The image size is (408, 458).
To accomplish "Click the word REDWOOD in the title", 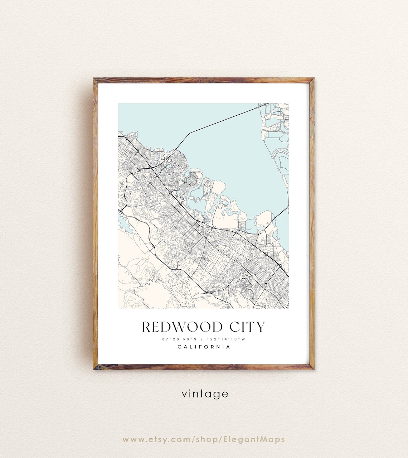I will tap(177, 327).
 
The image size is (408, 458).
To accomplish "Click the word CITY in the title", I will tap(247, 327).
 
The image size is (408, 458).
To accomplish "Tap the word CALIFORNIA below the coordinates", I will tap(204, 347).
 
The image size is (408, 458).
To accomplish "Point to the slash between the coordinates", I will tap(203, 339).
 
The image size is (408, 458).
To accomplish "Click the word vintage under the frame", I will tap(205, 394).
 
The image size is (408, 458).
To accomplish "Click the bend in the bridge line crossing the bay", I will tap(190, 133).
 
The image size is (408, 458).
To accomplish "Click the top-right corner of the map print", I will tap(288, 103).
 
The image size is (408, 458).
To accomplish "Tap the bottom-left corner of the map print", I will tap(118, 308).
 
